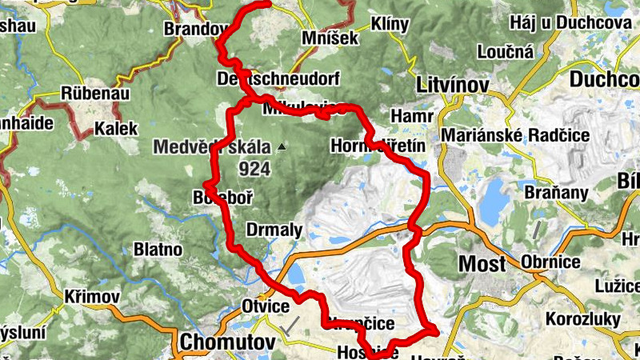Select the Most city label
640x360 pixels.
click(x=482, y=263)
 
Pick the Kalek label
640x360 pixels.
click(x=116, y=128)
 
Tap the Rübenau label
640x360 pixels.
click(x=90, y=93)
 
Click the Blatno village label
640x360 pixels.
click(x=158, y=249)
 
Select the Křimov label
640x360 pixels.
click(x=94, y=297)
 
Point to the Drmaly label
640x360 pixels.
click(x=274, y=230)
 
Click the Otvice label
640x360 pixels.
click(x=263, y=305)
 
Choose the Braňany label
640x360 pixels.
click(x=557, y=193)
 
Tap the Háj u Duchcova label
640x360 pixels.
click(x=570, y=23)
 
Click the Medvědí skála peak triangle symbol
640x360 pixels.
click(x=281, y=147)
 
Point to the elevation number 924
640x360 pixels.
click(x=254, y=169)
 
